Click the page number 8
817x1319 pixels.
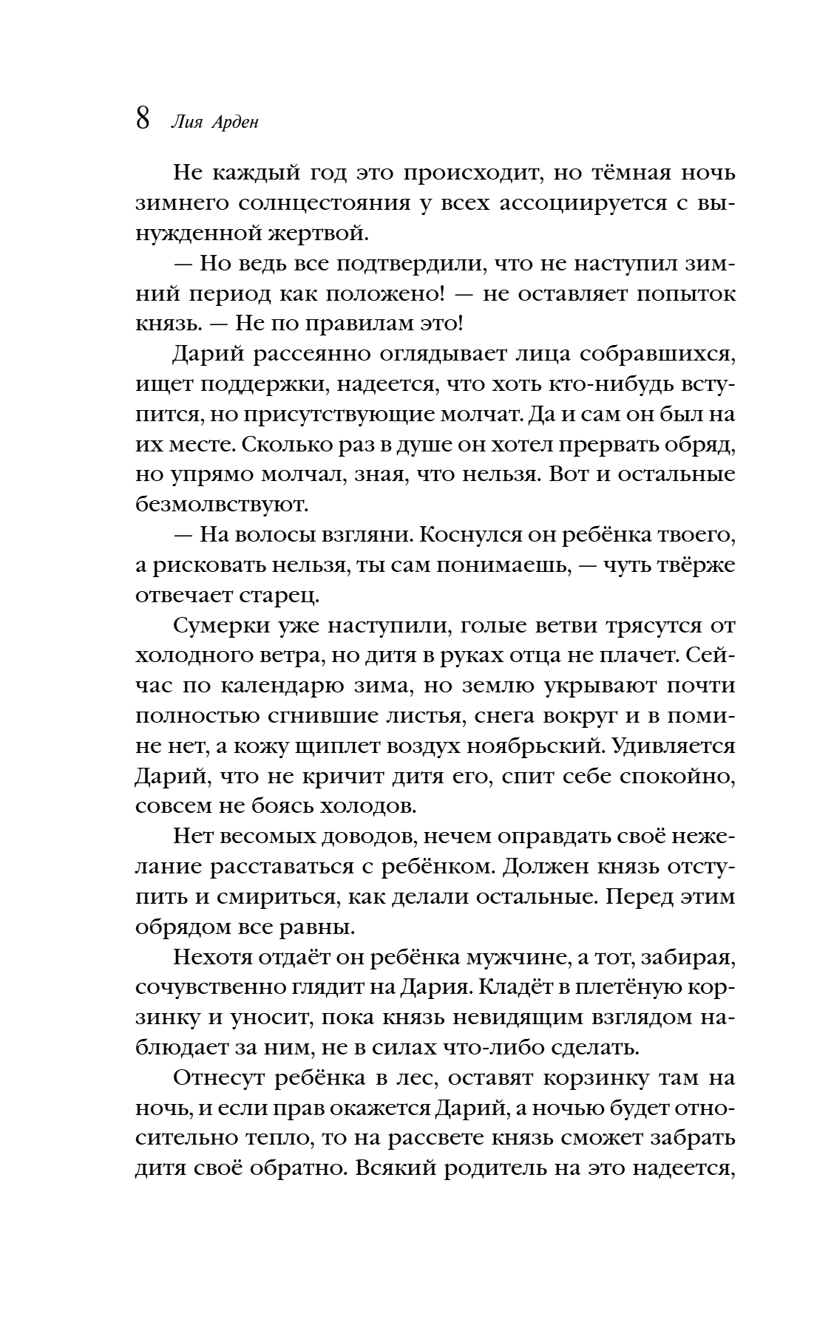pyautogui.click(x=143, y=119)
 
